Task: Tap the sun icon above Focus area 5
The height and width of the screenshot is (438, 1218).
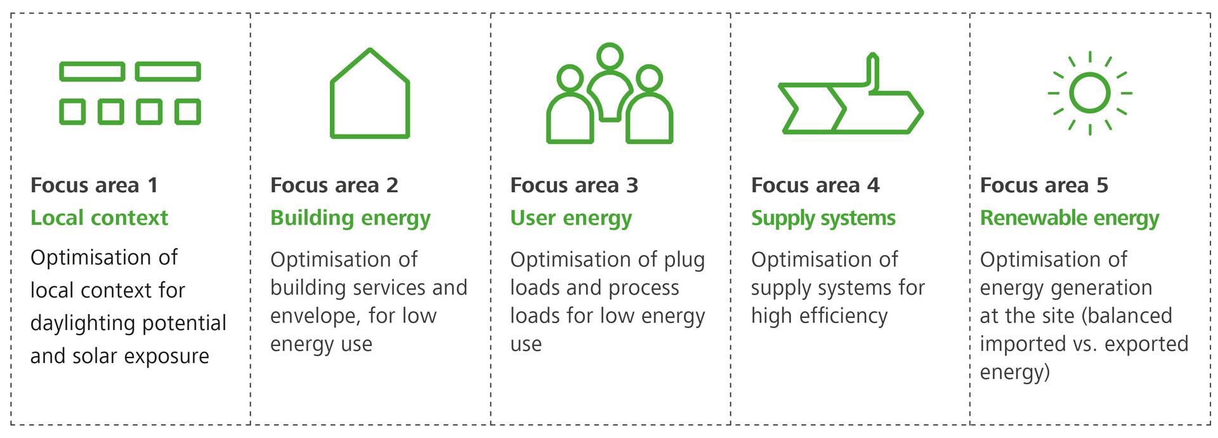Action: (x=1089, y=93)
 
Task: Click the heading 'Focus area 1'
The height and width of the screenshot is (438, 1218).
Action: (x=94, y=185)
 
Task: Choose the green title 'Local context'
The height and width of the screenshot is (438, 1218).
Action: (x=99, y=218)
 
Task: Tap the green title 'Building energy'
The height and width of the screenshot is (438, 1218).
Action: (x=350, y=218)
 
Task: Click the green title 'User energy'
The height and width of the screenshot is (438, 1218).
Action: (x=571, y=218)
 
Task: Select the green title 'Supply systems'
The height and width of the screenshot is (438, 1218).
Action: (x=823, y=218)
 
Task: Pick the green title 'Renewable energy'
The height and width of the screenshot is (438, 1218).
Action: (x=1070, y=218)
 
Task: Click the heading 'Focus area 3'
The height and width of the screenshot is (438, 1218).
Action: (x=574, y=185)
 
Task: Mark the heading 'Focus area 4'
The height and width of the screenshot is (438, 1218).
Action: (x=815, y=185)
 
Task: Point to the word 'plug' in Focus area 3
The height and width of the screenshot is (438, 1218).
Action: (x=684, y=260)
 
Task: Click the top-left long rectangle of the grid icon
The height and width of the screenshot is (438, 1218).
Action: (x=92, y=72)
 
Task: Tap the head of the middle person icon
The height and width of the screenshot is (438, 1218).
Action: (x=610, y=56)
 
